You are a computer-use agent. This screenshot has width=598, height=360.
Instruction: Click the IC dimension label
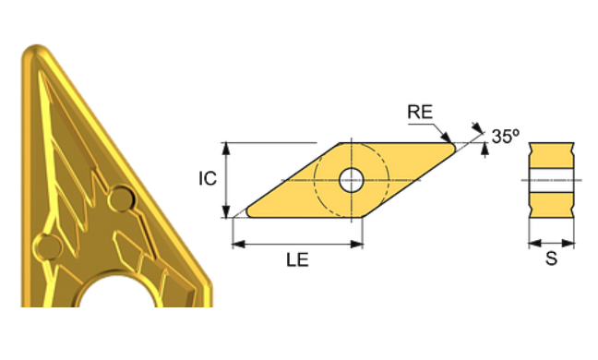(209, 178)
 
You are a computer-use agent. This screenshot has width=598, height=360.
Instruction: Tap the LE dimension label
(297, 260)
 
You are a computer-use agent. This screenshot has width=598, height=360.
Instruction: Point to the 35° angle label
(505, 137)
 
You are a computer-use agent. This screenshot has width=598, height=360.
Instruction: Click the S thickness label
(551, 261)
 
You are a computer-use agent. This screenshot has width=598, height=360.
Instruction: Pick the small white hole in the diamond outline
(351, 180)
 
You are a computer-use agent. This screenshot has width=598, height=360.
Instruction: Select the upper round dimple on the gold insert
(120, 198)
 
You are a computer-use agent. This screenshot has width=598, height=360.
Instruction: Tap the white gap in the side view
(551, 181)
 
